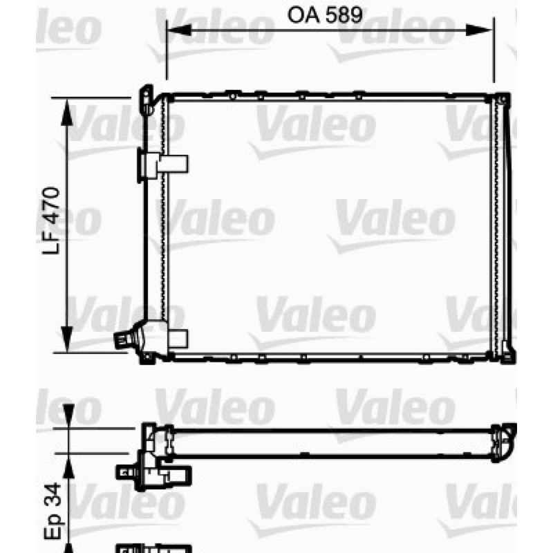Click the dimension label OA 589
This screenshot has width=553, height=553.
(x=325, y=15)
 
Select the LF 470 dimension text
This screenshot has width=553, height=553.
(x=51, y=221)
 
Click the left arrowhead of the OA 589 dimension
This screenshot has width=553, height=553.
(x=179, y=30)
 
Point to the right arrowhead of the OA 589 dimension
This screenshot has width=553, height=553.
(x=479, y=30)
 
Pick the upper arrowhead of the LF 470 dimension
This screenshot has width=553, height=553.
(x=66, y=112)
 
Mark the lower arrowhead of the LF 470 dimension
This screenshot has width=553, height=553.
(x=66, y=339)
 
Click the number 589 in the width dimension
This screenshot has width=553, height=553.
(x=344, y=15)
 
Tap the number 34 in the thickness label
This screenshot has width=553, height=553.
(x=53, y=494)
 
